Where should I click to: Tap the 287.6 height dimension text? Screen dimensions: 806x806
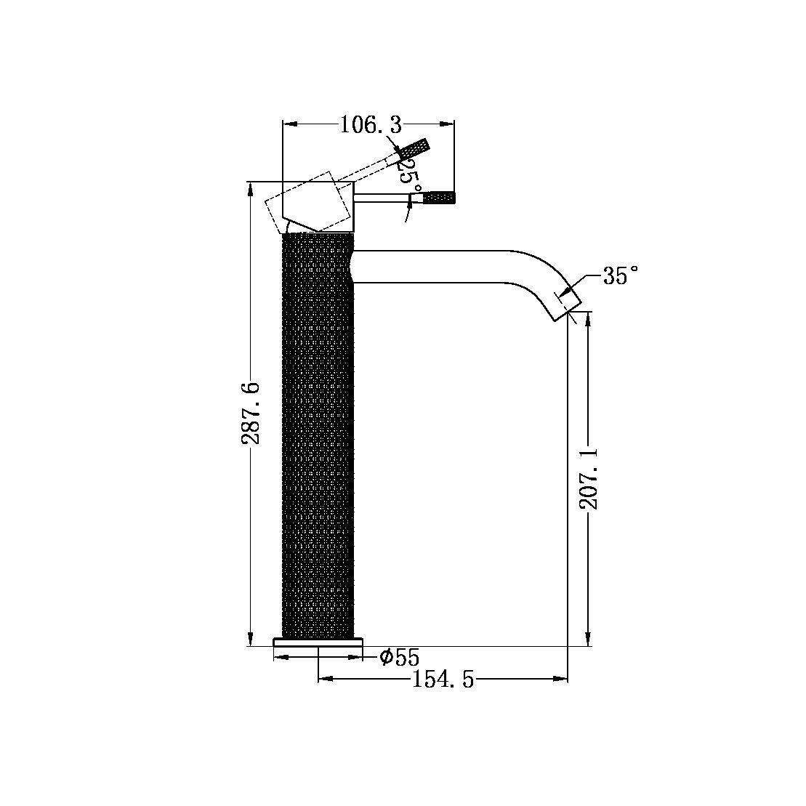(x=251, y=413)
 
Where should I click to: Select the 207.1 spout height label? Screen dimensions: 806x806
(x=589, y=477)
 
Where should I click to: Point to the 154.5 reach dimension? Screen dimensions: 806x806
(x=443, y=680)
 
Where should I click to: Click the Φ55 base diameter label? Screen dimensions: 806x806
(x=399, y=658)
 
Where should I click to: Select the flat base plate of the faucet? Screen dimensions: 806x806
(x=318, y=642)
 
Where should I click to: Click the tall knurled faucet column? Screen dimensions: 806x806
(x=317, y=436)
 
